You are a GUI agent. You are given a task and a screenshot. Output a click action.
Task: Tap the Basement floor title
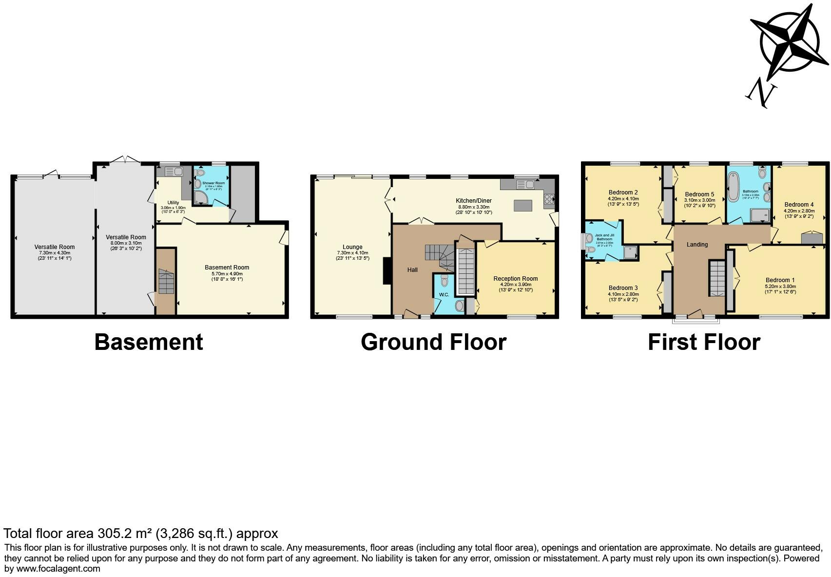click(x=148, y=342)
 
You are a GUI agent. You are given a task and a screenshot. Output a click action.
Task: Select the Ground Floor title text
click(x=433, y=342)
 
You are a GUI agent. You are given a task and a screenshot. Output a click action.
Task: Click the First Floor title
click(x=704, y=342)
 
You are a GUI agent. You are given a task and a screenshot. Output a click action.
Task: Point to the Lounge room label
click(x=352, y=247)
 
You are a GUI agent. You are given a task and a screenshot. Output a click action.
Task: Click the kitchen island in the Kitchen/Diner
click(x=523, y=206)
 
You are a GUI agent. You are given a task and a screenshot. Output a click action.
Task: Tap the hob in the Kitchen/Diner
click(x=549, y=199)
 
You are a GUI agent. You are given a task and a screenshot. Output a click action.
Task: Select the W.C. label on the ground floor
click(x=444, y=295)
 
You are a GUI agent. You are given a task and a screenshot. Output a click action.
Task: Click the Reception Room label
click(x=515, y=279)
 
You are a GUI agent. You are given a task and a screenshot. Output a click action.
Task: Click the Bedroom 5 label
click(x=699, y=194)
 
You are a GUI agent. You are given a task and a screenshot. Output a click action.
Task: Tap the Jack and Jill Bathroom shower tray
click(x=630, y=251)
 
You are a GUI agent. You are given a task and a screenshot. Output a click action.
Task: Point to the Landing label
click(x=697, y=245)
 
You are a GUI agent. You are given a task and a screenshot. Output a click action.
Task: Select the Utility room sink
click(x=172, y=172)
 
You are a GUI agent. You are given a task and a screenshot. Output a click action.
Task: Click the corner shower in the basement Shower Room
click(x=200, y=197)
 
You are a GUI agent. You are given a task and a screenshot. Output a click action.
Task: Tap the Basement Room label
click(x=227, y=268)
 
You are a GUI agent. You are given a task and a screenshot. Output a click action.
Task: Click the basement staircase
click(x=166, y=282)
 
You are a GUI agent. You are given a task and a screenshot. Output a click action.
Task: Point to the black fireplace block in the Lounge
click(x=387, y=271)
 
